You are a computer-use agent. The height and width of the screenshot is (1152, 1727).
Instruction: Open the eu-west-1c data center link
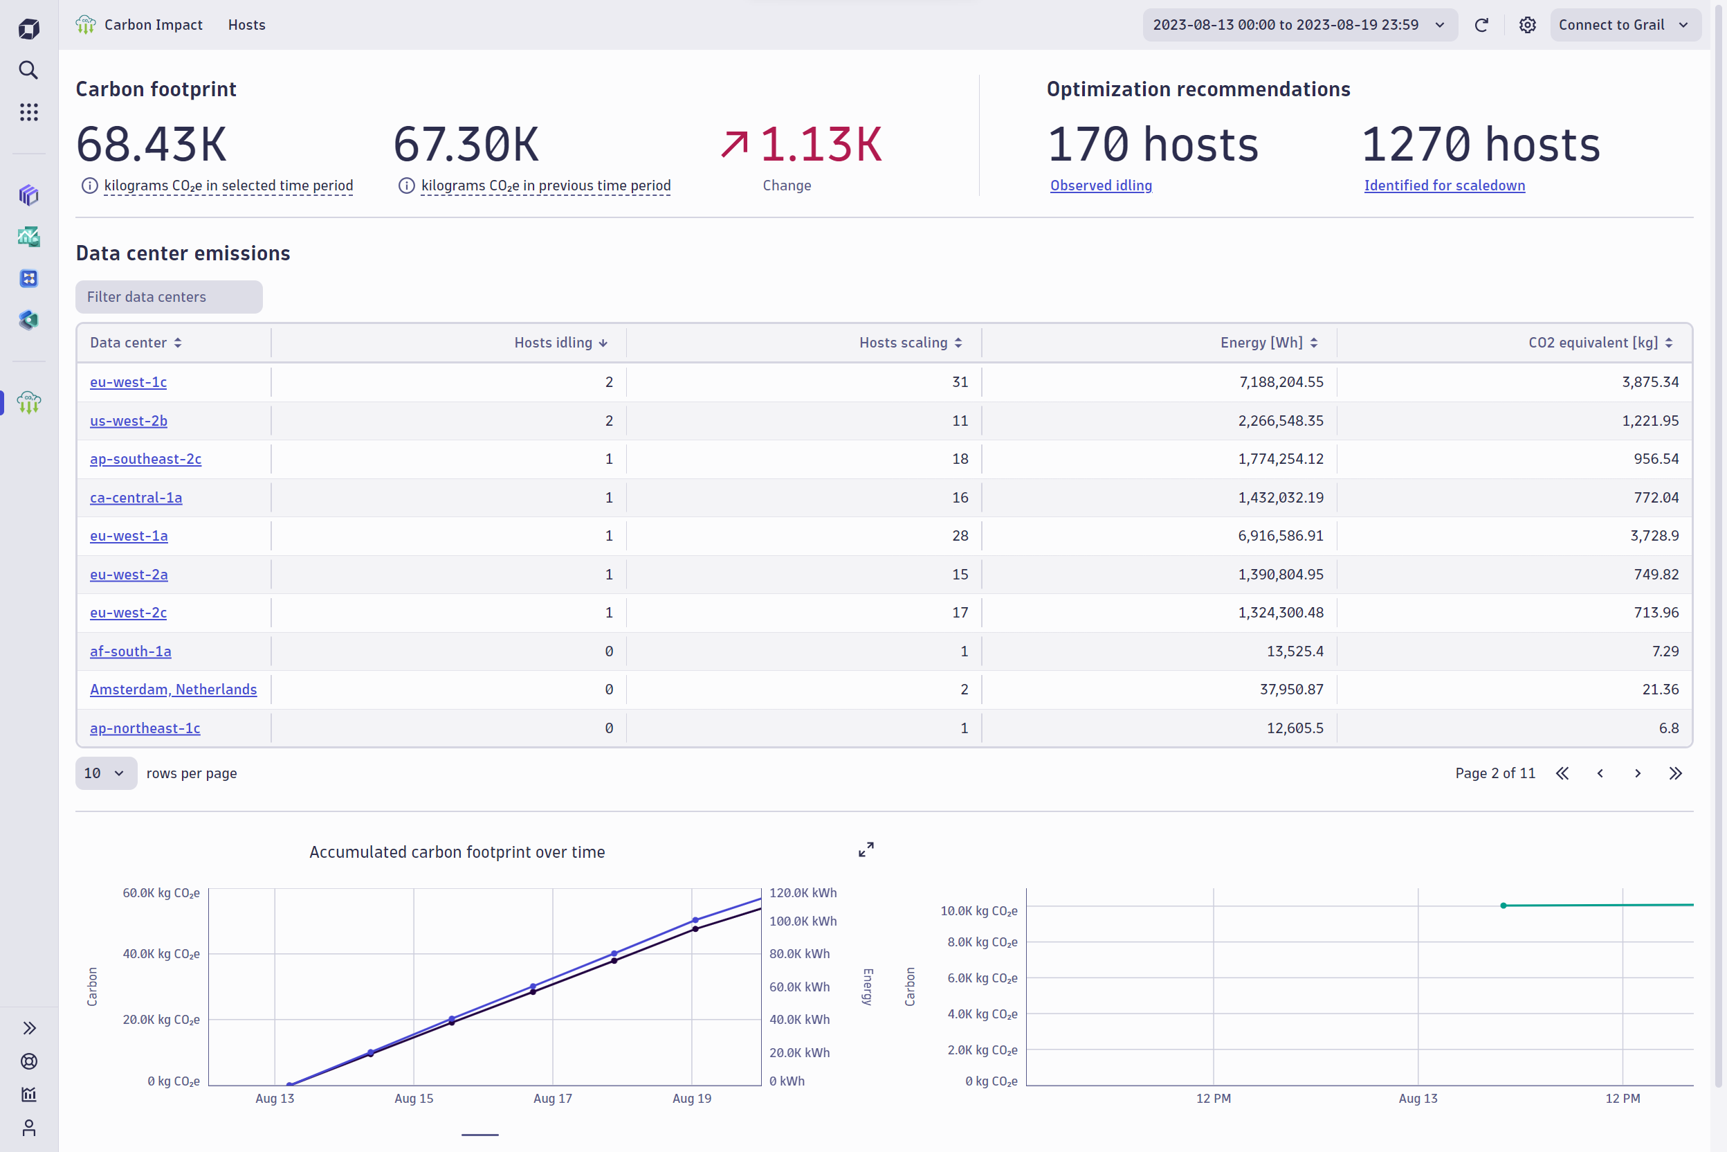pyautogui.click(x=128, y=382)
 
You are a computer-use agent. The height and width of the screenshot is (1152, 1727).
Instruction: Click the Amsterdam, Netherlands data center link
pyautogui.click(x=173, y=689)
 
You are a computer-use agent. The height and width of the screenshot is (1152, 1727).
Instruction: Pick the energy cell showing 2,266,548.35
pyautogui.click(x=1281, y=421)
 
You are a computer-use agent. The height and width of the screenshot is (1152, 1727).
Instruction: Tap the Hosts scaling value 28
pyautogui.click(x=960, y=536)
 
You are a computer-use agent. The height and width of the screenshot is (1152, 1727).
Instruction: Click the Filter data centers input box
pyautogui.click(x=169, y=297)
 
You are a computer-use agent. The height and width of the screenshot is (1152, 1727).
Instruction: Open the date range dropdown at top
pyautogui.click(x=1299, y=25)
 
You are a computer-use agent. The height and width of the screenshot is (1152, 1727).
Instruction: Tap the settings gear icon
pyautogui.click(x=1527, y=25)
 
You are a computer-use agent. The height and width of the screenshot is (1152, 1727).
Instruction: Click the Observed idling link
pyautogui.click(x=1101, y=185)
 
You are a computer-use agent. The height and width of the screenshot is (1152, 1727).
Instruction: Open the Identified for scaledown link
pyautogui.click(x=1443, y=185)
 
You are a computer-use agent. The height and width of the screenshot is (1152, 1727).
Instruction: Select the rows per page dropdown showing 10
pyautogui.click(x=105, y=773)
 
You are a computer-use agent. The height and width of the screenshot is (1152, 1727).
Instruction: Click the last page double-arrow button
pyautogui.click(x=1675, y=773)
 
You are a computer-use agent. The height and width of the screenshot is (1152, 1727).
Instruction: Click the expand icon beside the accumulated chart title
pyautogui.click(x=866, y=850)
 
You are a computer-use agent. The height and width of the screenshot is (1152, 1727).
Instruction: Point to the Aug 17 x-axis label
pyautogui.click(x=552, y=1099)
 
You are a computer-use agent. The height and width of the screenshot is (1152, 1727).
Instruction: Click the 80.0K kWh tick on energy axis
pyautogui.click(x=799, y=953)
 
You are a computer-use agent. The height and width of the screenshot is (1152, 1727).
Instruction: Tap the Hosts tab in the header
pyautogui.click(x=247, y=25)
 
